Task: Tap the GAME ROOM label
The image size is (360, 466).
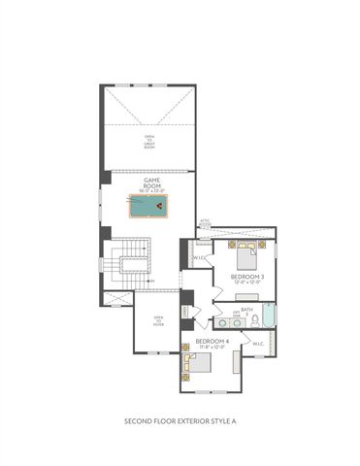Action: pyautogui.click(x=152, y=181)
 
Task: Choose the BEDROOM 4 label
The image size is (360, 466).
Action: pyautogui.click(x=212, y=341)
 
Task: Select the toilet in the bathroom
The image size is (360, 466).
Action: pyautogui.click(x=254, y=318)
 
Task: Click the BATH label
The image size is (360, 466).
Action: pyautogui.click(x=247, y=308)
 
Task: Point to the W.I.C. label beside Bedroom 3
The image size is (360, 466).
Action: pyautogui.click(x=199, y=257)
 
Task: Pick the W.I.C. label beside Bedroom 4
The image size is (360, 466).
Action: pyautogui.click(x=258, y=343)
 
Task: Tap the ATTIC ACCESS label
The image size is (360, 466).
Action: pyautogui.click(x=204, y=224)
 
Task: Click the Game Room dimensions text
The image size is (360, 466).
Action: pyautogui.click(x=152, y=189)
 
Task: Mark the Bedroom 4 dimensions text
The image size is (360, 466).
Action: pyautogui.click(x=212, y=348)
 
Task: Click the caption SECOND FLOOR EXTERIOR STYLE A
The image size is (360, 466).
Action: pyautogui.click(x=180, y=421)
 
